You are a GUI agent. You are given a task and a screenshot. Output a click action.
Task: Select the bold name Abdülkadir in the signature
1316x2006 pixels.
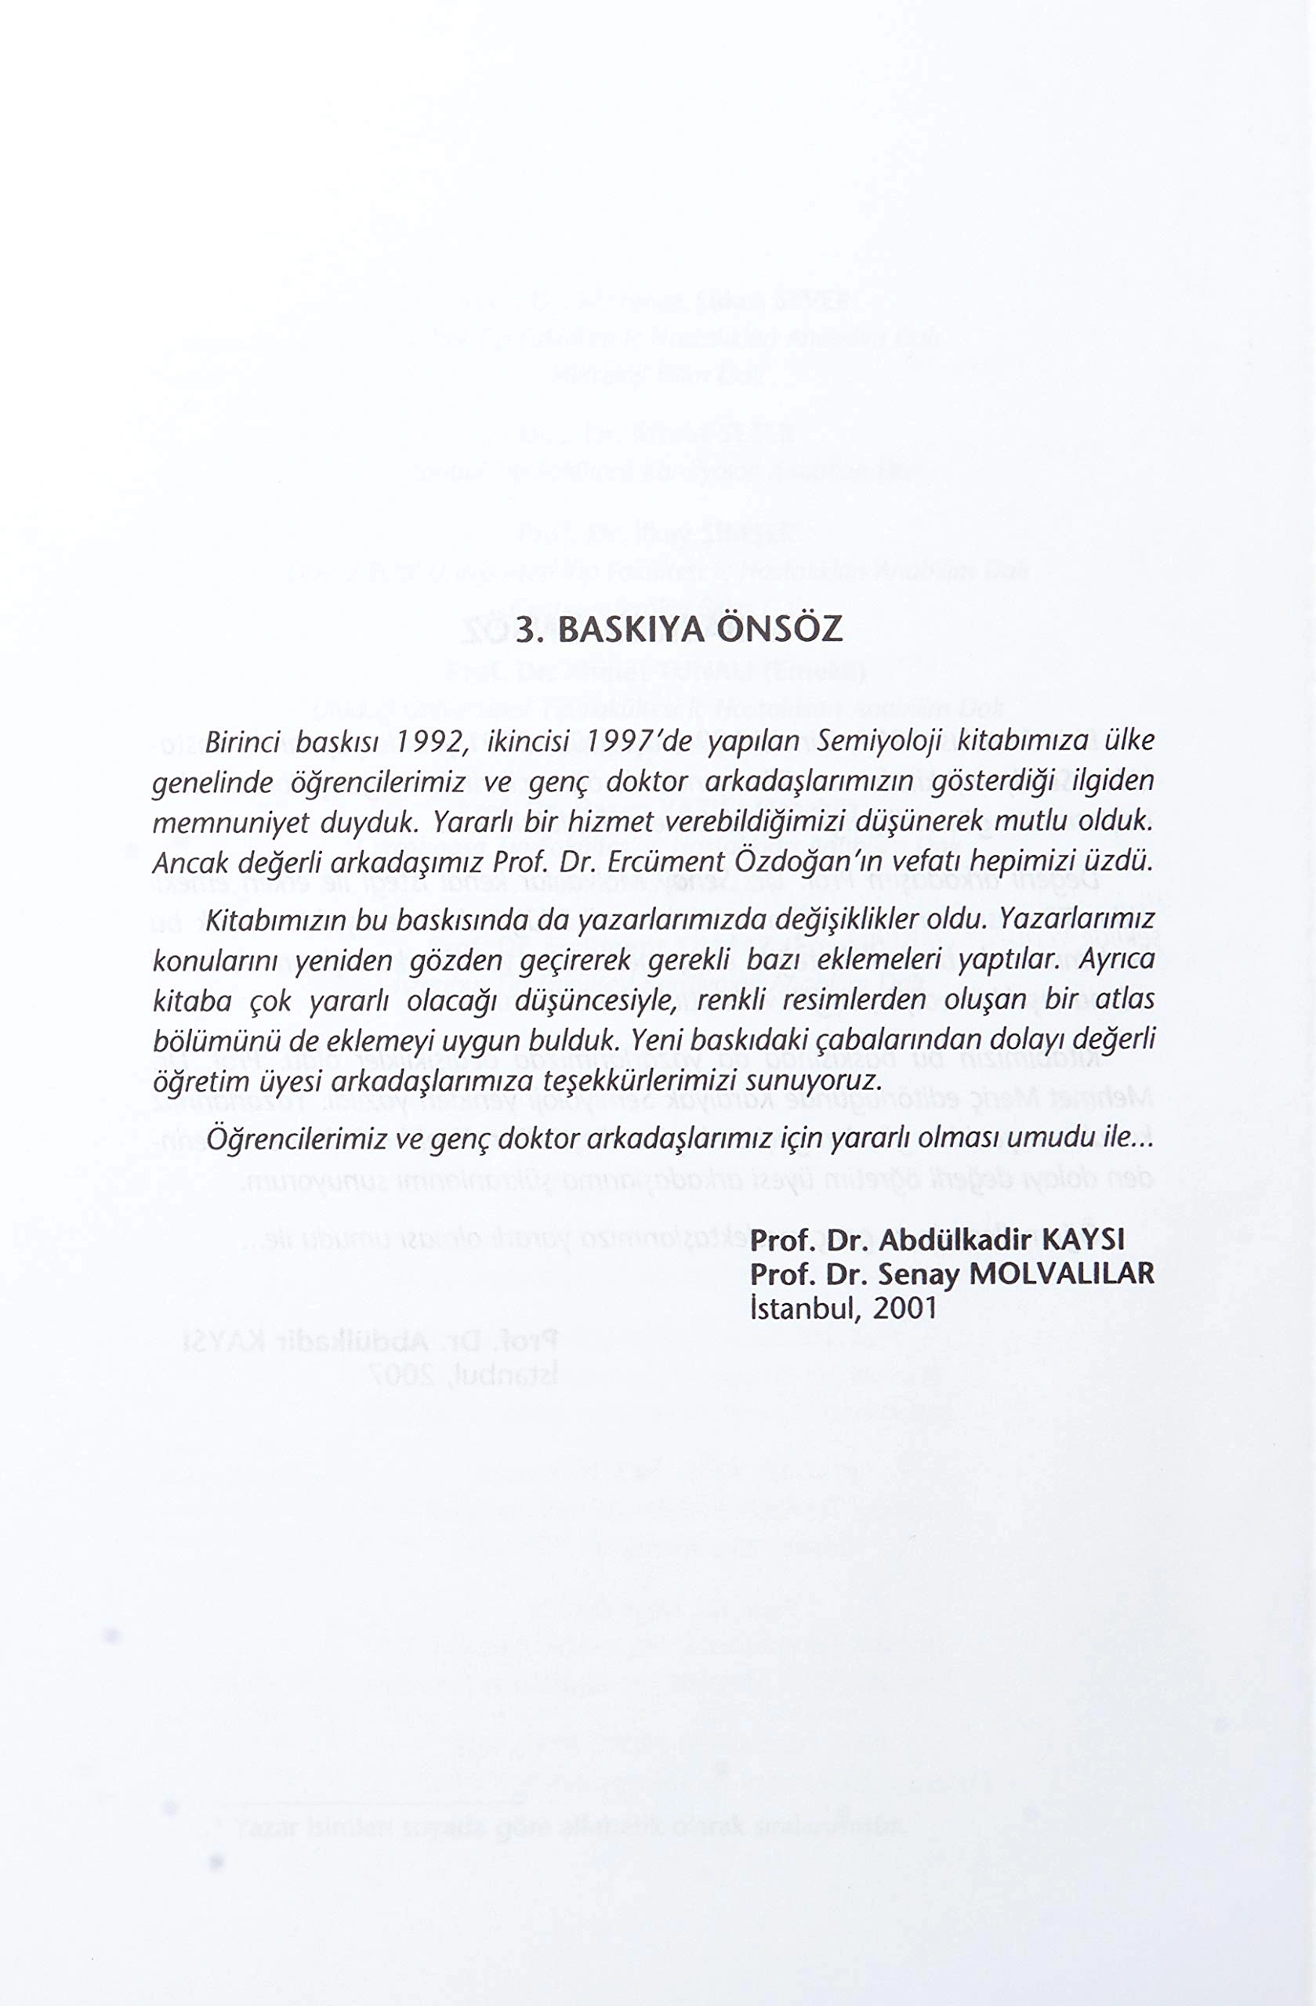coord(956,1240)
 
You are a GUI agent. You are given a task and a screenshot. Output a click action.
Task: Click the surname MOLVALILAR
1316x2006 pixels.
coord(1062,1273)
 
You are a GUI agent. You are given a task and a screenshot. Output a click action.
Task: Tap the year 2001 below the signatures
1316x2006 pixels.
coord(905,1307)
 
